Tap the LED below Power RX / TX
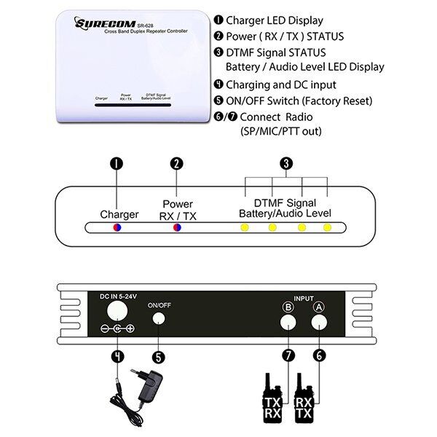pos(176,228)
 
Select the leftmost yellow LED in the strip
pos(244,228)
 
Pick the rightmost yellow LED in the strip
pos(328,228)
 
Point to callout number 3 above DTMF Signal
pos(287,164)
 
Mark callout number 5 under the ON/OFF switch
pos(159,357)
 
